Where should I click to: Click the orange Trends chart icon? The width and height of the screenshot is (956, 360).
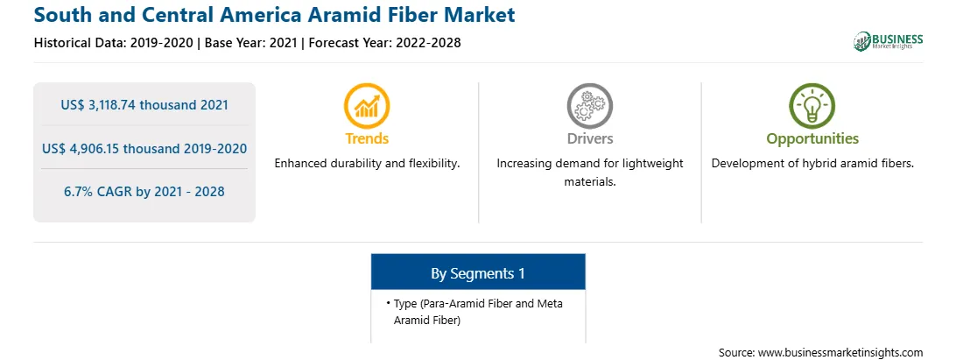[367, 105]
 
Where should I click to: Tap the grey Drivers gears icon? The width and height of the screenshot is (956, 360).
[589, 105]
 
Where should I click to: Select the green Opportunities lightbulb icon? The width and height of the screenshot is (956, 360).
[812, 105]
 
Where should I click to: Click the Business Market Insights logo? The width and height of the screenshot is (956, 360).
[889, 41]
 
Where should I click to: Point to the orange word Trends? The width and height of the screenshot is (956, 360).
[367, 138]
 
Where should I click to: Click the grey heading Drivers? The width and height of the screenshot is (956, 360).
[589, 138]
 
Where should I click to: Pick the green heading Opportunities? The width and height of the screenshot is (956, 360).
[812, 139]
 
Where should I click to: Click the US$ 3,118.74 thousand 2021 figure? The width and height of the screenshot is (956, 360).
[144, 105]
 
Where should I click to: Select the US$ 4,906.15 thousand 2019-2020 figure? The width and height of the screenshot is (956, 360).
[144, 148]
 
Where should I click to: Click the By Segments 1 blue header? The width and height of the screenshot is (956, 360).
[478, 272]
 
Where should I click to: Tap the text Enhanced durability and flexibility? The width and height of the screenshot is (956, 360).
[367, 164]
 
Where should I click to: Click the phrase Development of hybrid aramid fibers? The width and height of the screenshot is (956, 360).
[812, 164]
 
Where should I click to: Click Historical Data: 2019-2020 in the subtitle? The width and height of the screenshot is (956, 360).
[115, 43]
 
